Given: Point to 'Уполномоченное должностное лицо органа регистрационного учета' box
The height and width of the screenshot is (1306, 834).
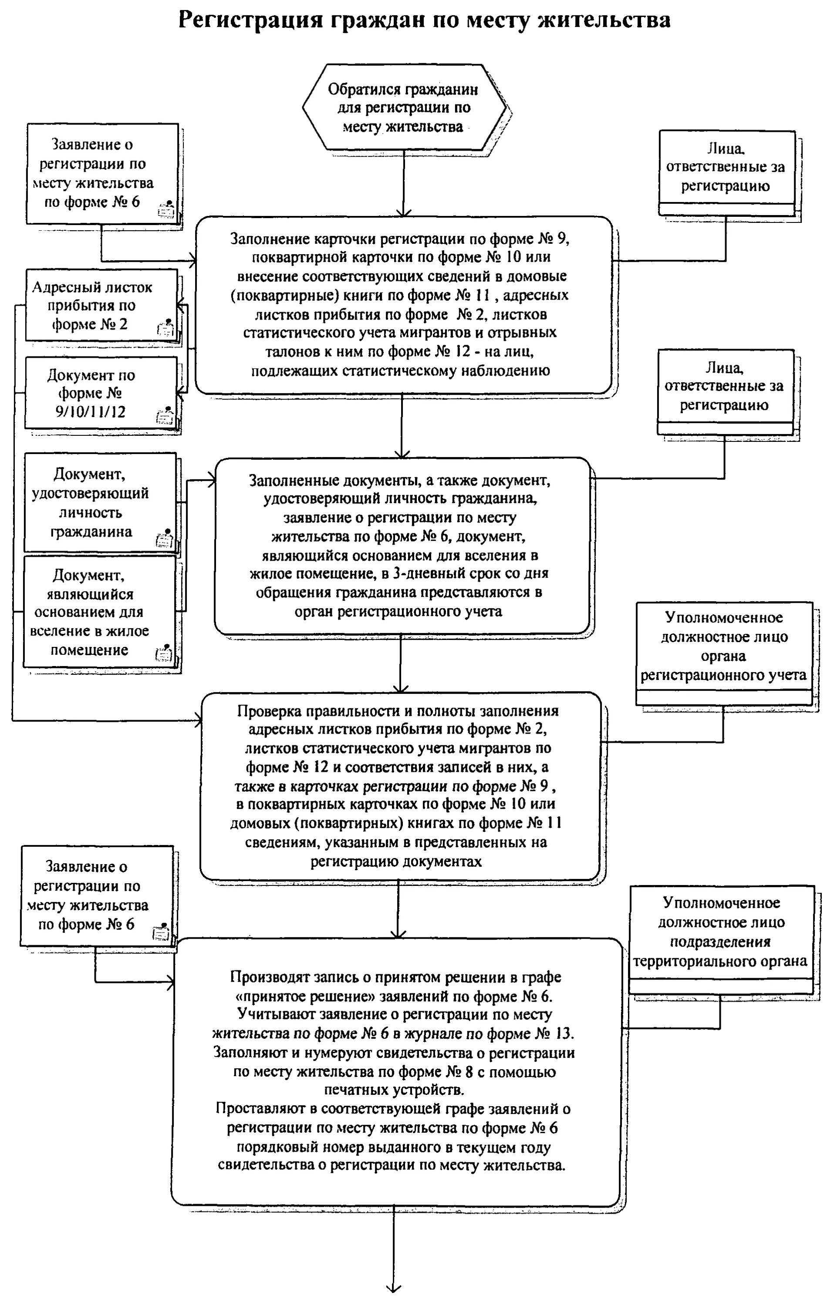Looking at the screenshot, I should [x=723, y=646].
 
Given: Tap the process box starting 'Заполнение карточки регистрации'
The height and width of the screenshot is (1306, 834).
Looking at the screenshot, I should [x=403, y=305].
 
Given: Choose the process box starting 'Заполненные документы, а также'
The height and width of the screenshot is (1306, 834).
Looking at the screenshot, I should [x=402, y=545].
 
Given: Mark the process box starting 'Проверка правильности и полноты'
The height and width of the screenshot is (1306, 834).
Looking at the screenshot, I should [x=400, y=786].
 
